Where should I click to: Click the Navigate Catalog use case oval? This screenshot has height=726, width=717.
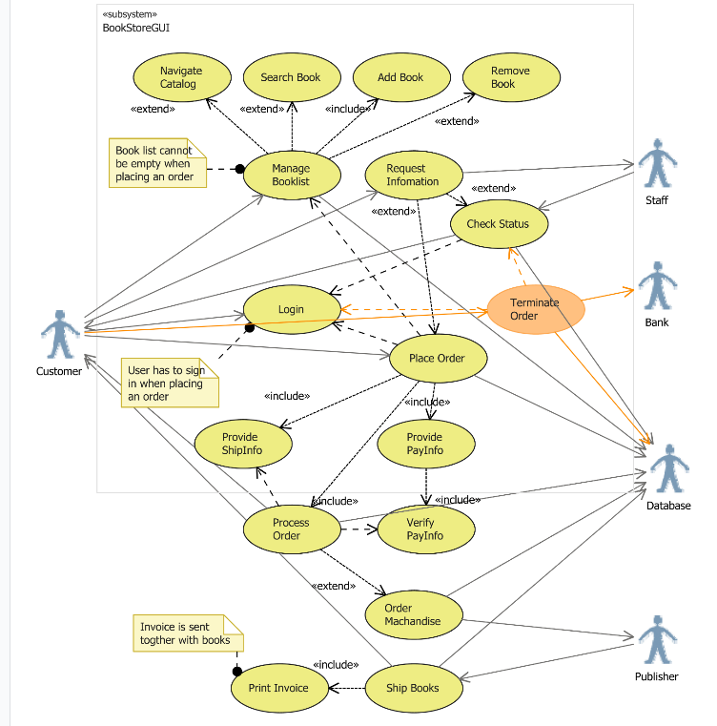(x=181, y=77)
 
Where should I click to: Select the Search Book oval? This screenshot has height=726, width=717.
(x=291, y=77)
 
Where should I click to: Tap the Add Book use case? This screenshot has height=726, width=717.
(x=400, y=77)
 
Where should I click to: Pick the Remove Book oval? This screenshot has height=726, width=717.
(x=510, y=77)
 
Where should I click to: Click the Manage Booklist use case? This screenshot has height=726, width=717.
(x=291, y=175)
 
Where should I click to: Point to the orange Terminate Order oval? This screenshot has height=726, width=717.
(x=535, y=309)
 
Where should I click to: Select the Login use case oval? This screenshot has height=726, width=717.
(x=292, y=310)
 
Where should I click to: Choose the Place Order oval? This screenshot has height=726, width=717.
(x=437, y=359)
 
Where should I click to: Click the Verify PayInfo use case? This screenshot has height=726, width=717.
(x=425, y=529)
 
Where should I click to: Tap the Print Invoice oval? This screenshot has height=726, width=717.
(x=278, y=688)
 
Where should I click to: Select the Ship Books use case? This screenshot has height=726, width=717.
(x=412, y=688)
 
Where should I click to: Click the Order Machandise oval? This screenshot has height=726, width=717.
(x=413, y=614)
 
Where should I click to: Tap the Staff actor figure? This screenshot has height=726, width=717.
(x=656, y=164)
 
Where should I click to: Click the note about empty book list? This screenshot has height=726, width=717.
(x=156, y=163)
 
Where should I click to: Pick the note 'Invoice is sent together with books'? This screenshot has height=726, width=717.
(x=186, y=633)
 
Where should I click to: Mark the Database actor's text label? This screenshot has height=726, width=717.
(x=667, y=506)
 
